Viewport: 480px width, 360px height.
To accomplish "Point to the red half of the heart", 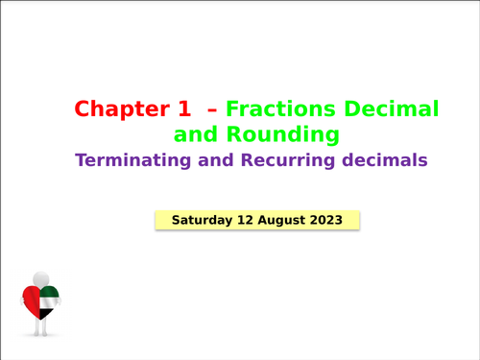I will point(31,301).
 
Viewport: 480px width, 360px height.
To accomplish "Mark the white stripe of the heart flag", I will point(49,303).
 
